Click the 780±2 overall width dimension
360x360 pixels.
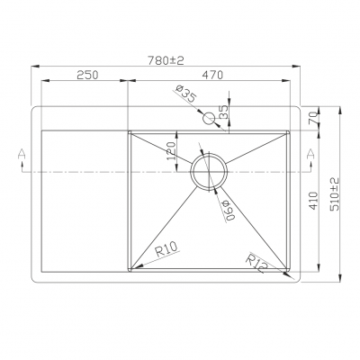[166, 60]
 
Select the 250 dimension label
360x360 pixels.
[87, 76]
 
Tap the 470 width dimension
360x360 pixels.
[212, 76]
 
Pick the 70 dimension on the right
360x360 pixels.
[313, 118]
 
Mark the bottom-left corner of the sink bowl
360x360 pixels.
[131, 271]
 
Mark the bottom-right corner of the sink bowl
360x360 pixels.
[290, 271]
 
